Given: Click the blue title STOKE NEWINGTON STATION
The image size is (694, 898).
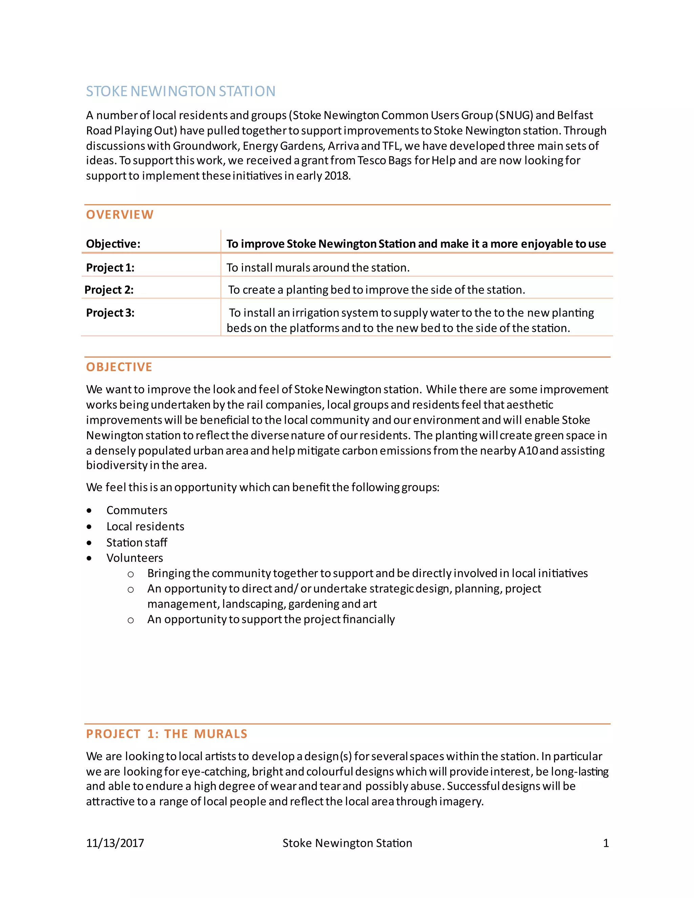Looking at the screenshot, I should [x=181, y=91].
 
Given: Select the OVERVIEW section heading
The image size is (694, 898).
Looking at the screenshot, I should [x=120, y=215].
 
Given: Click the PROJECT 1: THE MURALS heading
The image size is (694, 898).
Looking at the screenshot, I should [x=166, y=734].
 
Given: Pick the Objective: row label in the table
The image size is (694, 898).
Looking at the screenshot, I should [x=113, y=244].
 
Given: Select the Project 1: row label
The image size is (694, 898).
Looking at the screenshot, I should [x=110, y=268].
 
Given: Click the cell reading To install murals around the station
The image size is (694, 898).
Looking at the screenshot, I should [x=318, y=268].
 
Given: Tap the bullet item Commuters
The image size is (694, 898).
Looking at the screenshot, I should [x=137, y=510].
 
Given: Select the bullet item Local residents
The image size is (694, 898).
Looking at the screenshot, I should [x=145, y=527].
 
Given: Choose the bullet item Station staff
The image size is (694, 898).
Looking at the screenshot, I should [x=137, y=543].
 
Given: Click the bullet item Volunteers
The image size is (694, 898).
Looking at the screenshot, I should [x=135, y=558].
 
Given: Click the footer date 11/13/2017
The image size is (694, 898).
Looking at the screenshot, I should [x=115, y=843].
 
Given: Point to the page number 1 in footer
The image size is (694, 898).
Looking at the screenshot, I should [x=606, y=843].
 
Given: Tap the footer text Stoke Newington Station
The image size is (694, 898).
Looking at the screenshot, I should [x=347, y=843].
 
